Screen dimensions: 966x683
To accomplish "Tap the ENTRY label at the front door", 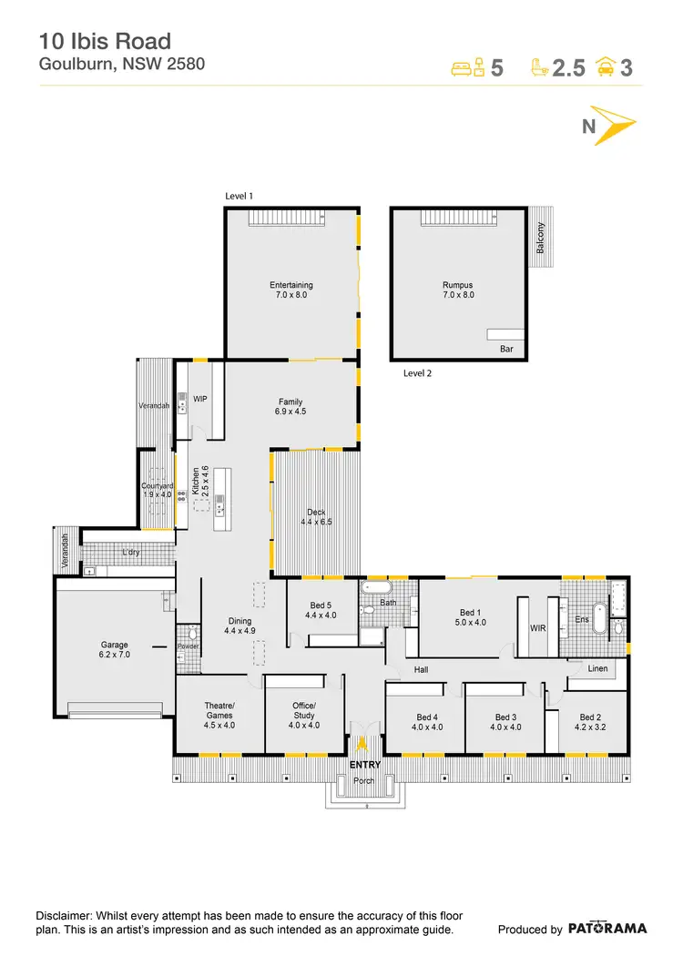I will pos(365,765).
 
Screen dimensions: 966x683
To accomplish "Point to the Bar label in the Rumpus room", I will pos(506,349).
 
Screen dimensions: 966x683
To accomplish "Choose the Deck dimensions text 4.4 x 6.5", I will pos(318,523).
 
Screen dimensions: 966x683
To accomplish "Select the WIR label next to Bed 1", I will pos(537,627).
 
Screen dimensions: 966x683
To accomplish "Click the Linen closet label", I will pos(598,669).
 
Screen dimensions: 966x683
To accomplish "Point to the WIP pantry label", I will pos(201,399).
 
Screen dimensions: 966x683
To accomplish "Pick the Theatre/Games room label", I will pos(219,710).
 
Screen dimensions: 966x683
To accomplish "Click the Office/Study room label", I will pos(304,710).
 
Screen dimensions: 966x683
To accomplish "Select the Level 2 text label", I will pos(417,373).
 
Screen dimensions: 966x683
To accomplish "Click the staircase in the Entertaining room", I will pos(279,219).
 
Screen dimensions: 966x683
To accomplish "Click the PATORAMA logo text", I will pos(607,929).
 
